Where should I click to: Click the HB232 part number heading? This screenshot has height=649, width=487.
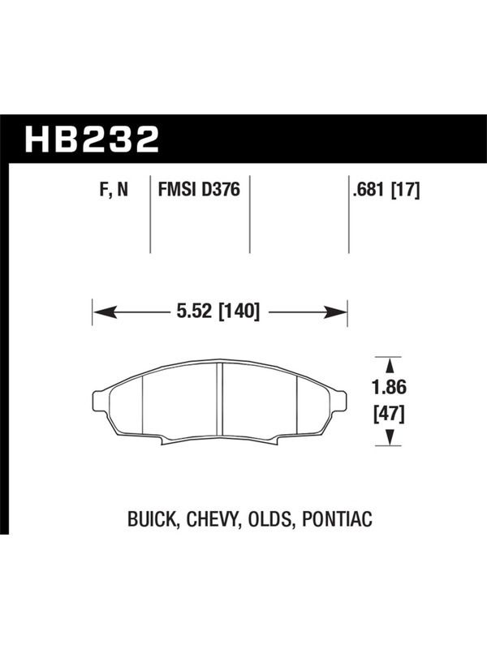[x=92, y=140]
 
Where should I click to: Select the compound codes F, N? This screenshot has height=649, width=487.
[x=114, y=191]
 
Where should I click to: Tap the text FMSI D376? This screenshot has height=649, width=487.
[x=199, y=190]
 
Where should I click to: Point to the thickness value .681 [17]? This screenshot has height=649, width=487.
[x=386, y=191]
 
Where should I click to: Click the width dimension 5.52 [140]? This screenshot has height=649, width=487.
[x=218, y=312]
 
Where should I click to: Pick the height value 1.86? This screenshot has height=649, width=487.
[x=389, y=388]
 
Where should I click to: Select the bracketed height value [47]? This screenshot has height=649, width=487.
[x=389, y=414]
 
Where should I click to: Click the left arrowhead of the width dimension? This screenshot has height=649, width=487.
[x=104, y=312]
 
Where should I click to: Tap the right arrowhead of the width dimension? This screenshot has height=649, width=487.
[x=335, y=312]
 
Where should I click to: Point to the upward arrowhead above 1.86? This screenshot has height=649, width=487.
[x=389, y=366]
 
